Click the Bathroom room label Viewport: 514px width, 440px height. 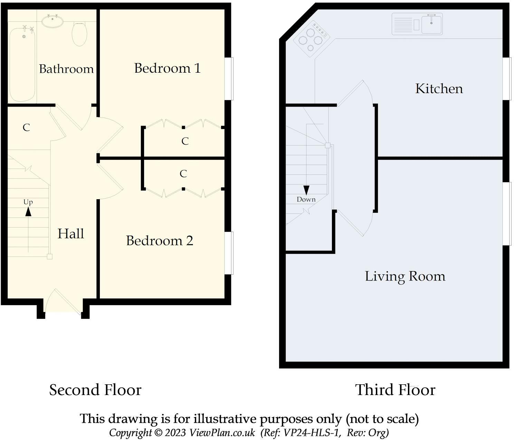coord(66,69)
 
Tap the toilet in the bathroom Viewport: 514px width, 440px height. coord(79,34)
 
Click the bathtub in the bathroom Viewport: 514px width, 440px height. coord(22,64)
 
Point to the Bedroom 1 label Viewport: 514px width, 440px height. coord(167,68)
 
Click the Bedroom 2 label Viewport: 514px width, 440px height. coord(159,241)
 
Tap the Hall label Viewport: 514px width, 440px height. coord(70,234)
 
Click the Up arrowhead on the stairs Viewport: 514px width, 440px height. coord(28,212)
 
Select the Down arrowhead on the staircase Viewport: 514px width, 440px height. coord(306,190)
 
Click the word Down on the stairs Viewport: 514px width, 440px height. coord(306,200)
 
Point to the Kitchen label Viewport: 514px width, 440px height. coord(439,89)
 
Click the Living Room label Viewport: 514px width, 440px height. coord(405,277)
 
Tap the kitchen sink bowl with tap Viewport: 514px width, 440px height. coord(431,24)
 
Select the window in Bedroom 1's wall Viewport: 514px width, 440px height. coord(229,79)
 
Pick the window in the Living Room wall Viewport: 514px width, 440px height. coord(507,213)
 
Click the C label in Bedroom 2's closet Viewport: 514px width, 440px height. coord(183,174)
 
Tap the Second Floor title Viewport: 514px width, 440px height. coord(95,390)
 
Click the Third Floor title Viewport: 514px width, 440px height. coord(395,390)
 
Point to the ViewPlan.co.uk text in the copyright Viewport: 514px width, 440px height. coord(222,432)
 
